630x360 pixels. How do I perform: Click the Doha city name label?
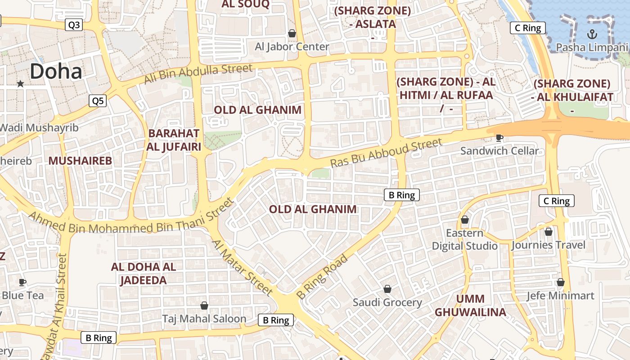tap(56, 71)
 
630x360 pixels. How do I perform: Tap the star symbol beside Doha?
tap(20, 84)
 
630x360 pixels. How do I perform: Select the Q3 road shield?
tap(74, 25)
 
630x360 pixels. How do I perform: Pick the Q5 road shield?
tap(98, 101)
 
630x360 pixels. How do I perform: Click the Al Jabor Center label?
tap(292, 46)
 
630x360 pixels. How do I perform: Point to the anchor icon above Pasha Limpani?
tap(592, 34)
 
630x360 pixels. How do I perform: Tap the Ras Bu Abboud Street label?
tap(386, 153)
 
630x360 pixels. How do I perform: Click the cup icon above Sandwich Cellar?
tap(499, 137)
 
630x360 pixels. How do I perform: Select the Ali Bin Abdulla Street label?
tap(198, 74)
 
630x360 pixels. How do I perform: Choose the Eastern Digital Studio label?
tap(465, 239)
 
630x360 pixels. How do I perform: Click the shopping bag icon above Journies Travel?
tap(548, 232)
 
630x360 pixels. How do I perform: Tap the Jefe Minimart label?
tap(561, 296)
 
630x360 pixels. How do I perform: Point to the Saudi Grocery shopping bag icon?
tap(387, 289)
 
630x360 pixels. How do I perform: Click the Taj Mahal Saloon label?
tap(204, 319)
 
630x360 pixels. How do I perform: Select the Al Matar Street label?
tap(243, 267)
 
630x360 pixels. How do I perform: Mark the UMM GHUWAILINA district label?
tap(470, 305)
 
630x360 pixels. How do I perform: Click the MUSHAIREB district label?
tap(80, 161)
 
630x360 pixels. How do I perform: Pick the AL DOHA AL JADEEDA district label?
tap(144, 273)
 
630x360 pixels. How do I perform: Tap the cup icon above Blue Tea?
tap(22, 282)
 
